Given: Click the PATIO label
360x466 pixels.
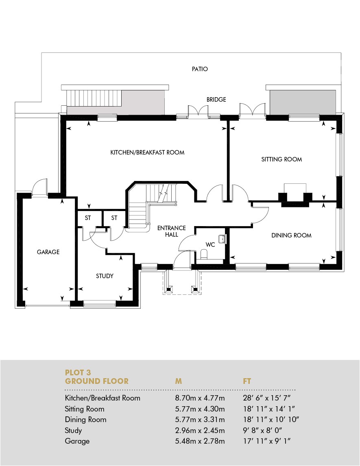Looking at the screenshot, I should pyautogui.click(x=200, y=69).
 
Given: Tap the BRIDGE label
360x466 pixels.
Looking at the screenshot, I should pyautogui.click(x=216, y=100).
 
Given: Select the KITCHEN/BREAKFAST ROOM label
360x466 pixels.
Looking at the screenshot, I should pyautogui.click(x=147, y=152).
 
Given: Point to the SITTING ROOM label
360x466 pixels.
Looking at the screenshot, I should pyautogui.click(x=281, y=159).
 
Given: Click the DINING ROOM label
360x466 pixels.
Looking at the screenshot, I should pyautogui.click(x=291, y=235).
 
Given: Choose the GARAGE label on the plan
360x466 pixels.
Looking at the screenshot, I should pyautogui.click(x=48, y=252).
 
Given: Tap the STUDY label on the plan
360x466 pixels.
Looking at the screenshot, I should pyautogui.click(x=105, y=276).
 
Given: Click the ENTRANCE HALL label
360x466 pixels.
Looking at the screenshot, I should pyautogui.click(x=171, y=231).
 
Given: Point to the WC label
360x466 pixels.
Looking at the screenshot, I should pyautogui.click(x=210, y=245).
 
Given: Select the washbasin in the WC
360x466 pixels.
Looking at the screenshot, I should pyautogui.click(x=222, y=239).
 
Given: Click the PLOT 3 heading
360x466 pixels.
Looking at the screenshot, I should pyautogui.click(x=78, y=372).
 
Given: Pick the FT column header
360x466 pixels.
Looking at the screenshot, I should pyautogui.click(x=247, y=381).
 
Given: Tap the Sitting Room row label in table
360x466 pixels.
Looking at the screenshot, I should pyautogui.click(x=85, y=409).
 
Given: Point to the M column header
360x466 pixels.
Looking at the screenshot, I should pyautogui.click(x=178, y=381).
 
